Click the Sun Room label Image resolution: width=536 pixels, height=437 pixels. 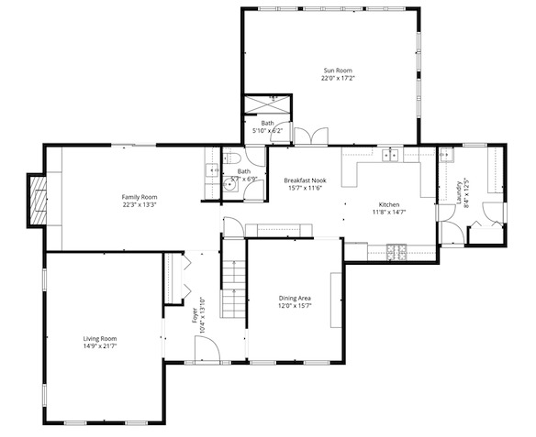click(x=337, y=71)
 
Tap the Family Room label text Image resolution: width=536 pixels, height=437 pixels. click(x=140, y=197)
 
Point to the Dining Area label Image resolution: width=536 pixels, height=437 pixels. click(x=295, y=298)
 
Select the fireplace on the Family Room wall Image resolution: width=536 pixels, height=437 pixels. click(x=38, y=199)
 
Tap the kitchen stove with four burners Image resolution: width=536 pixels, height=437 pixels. click(x=396, y=249)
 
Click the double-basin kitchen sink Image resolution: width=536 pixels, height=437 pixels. click(x=392, y=155)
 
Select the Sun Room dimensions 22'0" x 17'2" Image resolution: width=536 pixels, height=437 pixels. click(x=337, y=79)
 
